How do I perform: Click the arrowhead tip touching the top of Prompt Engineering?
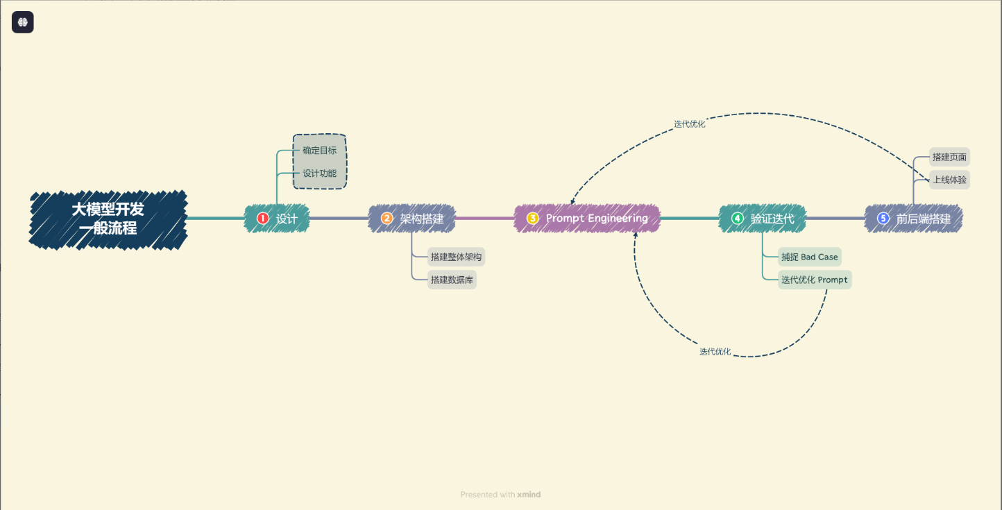pyautogui.click(x=572, y=205)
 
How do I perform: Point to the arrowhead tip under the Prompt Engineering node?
pyautogui.click(x=636, y=232)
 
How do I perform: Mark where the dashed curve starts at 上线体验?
pyautogui.click(x=929, y=180)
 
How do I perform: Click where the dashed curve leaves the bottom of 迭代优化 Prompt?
pyautogui.click(x=826, y=290)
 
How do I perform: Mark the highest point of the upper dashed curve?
pyautogui.click(x=758, y=113)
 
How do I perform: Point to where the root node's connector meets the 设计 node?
pyautogui.click(x=245, y=219)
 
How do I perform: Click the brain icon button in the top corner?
pyautogui.click(x=23, y=22)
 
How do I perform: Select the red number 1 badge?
pyautogui.click(x=262, y=219)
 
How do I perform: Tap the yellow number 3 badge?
pyautogui.click(x=532, y=219)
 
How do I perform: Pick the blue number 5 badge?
pyautogui.click(x=883, y=219)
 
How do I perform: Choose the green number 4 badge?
pyautogui.click(x=737, y=219)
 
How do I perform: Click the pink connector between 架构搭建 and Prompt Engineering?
pyautogui.click(x=485, y=219)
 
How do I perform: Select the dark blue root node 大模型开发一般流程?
pyautogui.click(x=108, y=219)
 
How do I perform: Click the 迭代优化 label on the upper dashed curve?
pyautogui.click(x=689, y=124)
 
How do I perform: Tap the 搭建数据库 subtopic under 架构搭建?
pyautogui.click(x=452, y=280)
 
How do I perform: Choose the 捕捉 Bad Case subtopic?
pyautogui.click(x=810, y=257)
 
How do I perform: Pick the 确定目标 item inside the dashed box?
pyautogui.click(x=319, y=151)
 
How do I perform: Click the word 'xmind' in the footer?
pyautogui.click(x=529, y=494)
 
